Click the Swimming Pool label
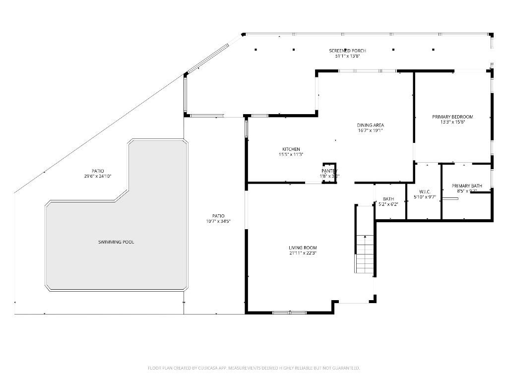click(x=116, y=242)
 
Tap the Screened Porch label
click(x=347, y=51)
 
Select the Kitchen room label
click(x=291, y=149)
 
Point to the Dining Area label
click(x=371, y=125)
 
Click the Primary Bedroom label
click(x=452, y=117)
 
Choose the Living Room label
click(x=303, y=248)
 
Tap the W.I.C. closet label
click(x=425, y=191)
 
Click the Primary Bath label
click(x=466, y=186)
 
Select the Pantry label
click(x=329, y=171)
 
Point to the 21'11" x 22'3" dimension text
click(x=303, y=253)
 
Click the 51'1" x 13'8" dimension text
click(x=347, y=56)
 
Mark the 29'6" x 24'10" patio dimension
click(x=98, y=176)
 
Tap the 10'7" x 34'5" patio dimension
click(x=218, y=221)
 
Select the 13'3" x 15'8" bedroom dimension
click(x=452, y=122)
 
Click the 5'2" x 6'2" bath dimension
click(x=388, y=204)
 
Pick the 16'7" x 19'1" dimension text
click(x=371, y=130)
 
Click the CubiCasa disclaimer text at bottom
click(x=254, y=368)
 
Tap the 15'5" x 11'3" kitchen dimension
click(x=291, y=154)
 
